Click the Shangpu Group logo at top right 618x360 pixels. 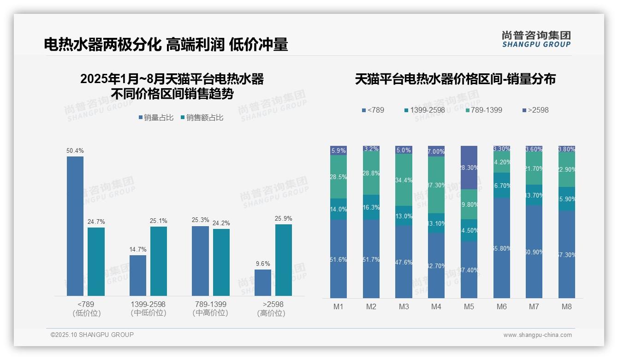[536, 39]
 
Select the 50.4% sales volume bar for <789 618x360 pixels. [75, 226]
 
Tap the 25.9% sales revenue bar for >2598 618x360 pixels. [283, 260]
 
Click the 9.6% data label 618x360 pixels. [262, 264]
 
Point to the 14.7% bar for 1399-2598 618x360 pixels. [137, 276]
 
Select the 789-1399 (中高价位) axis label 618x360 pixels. [210, 308]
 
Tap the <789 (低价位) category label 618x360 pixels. [86, 308]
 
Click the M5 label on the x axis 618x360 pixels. [469, 306]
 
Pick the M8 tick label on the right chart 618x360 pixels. [566, 306]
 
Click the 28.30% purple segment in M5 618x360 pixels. [469, 168]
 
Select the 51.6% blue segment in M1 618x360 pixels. [339, 259]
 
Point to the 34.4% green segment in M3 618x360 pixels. [404, 180]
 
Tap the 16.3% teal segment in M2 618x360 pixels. [371, 207]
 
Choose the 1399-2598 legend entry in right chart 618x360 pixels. [427, 110]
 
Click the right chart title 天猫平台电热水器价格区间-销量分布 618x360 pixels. [455, 79]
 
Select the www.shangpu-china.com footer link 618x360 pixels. [537, 335]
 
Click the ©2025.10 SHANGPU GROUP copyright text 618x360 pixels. [92, 335]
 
